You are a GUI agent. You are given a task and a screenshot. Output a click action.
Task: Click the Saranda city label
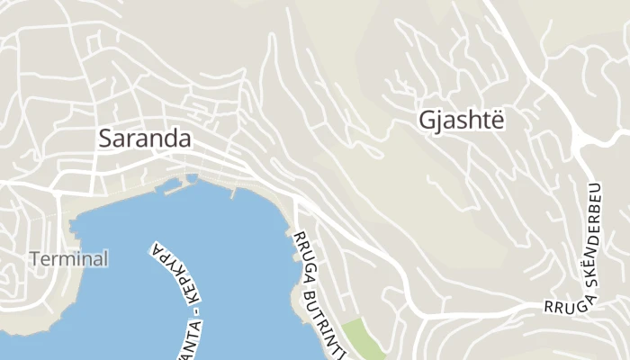point(144,139)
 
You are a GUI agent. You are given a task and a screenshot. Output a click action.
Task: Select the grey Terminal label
point(68,259)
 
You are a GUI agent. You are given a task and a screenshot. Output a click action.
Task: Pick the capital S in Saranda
point(104,139)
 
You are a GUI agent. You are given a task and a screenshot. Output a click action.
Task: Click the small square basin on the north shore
point(192,177)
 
